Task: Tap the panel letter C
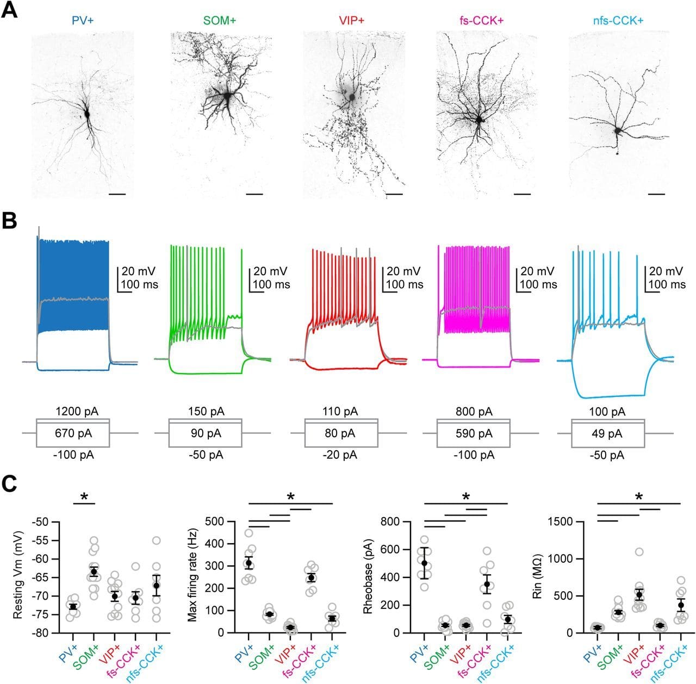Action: point(10,483)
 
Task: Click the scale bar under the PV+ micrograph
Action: point(117,194)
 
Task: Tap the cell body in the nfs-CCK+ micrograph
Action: point(618,130)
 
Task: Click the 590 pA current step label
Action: point(474,434)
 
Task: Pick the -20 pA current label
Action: point(340,455)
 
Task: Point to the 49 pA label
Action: point(607,434)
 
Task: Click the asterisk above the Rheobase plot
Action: point(466,496)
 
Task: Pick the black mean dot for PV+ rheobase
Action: point(424,563)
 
